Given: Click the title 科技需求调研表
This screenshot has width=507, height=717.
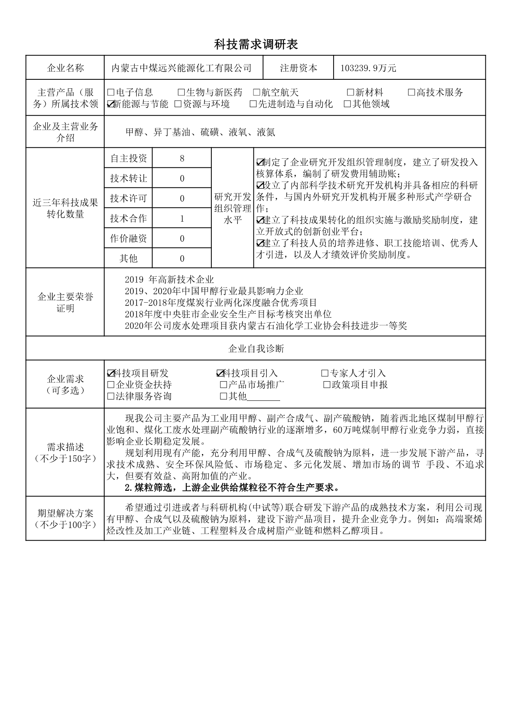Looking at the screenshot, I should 256,45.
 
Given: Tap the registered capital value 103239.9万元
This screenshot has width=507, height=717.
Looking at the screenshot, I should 368,68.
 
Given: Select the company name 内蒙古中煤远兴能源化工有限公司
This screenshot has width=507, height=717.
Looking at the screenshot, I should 182,68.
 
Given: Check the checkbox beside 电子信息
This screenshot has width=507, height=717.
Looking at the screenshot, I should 110,92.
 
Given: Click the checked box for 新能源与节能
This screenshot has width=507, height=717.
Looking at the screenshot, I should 110,104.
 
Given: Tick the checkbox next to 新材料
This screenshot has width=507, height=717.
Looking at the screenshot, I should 350,92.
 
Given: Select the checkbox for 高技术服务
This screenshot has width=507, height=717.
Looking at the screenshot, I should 411,92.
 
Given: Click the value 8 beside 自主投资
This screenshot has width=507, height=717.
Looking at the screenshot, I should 182,158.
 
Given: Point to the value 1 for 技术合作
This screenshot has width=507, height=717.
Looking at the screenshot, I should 182,218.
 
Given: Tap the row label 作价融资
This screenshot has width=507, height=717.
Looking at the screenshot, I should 128,238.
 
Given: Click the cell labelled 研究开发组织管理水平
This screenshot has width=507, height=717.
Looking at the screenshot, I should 233,208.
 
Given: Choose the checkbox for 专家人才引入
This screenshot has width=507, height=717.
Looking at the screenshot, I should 325,373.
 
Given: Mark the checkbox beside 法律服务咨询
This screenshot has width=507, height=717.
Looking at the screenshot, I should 110,396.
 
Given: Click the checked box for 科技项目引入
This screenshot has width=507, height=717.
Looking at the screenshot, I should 220,373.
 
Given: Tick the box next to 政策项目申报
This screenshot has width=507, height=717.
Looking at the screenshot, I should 327,384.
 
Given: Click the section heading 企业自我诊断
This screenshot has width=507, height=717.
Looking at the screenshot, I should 256,348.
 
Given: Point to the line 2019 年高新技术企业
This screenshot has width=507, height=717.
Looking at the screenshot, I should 169,280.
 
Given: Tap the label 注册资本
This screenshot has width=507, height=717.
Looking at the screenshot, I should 298,68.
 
